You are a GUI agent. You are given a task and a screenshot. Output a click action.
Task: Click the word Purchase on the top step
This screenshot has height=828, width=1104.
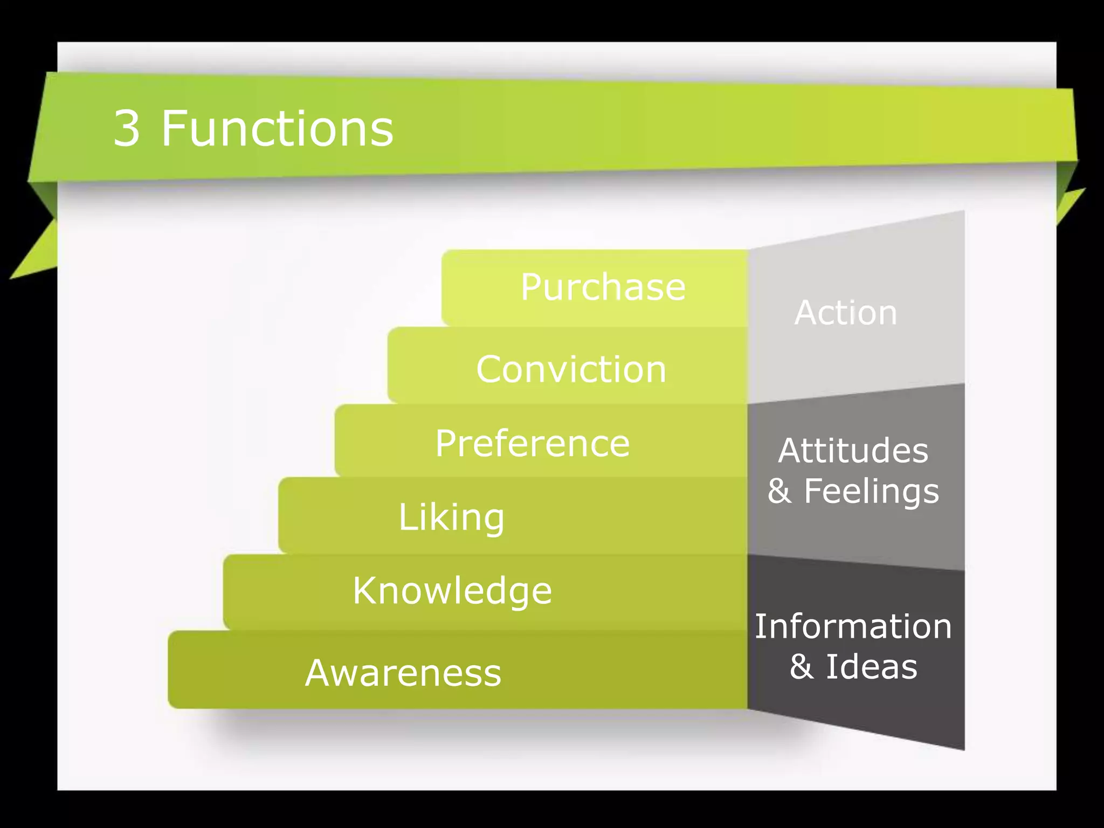tap(603, 287)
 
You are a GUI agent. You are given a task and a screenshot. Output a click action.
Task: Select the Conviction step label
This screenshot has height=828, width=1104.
tap(571, 370)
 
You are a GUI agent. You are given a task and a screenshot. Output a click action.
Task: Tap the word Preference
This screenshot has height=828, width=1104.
tap(532, 444)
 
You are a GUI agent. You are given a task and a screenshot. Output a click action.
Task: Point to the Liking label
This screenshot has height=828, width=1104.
tap(451, 517)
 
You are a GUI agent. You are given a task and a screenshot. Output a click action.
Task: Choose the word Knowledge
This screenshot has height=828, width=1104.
tap(452, 591)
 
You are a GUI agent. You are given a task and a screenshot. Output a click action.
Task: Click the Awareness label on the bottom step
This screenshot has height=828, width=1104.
tap(403, 673)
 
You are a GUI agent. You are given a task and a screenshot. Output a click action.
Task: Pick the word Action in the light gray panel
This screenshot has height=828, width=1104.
tap(845, 313)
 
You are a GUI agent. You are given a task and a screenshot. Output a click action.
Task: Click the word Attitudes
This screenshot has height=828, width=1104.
tap(853, 451)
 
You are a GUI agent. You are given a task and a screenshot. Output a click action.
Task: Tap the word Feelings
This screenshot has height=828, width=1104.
tap(872, 492)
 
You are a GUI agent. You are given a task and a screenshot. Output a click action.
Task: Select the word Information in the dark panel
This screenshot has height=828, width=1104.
tap(853, 627)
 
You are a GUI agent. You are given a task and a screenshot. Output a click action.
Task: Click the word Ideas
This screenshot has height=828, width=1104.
tap(872, 667)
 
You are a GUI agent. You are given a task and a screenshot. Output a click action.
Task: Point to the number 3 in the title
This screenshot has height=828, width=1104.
tap(127, 129)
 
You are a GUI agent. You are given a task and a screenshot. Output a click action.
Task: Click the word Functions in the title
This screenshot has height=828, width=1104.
tap(277, 129)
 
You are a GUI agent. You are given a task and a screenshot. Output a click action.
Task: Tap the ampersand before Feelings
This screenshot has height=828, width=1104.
tap(779, 492)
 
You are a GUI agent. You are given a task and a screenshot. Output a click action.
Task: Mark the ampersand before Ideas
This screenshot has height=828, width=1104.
tap(802, 667)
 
